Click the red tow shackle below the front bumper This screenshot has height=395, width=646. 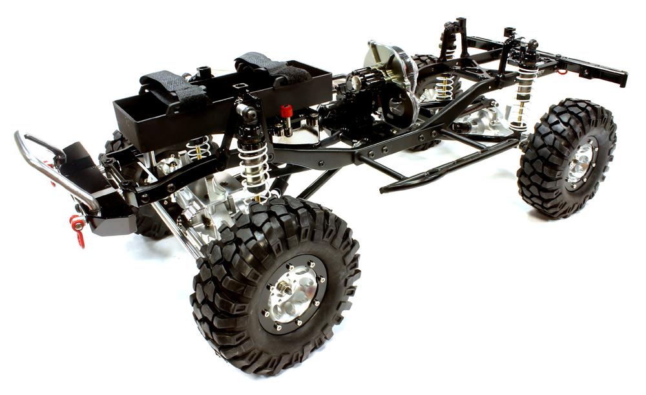78,228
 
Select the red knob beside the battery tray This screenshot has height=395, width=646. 286,112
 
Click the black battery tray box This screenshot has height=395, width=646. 213,103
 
